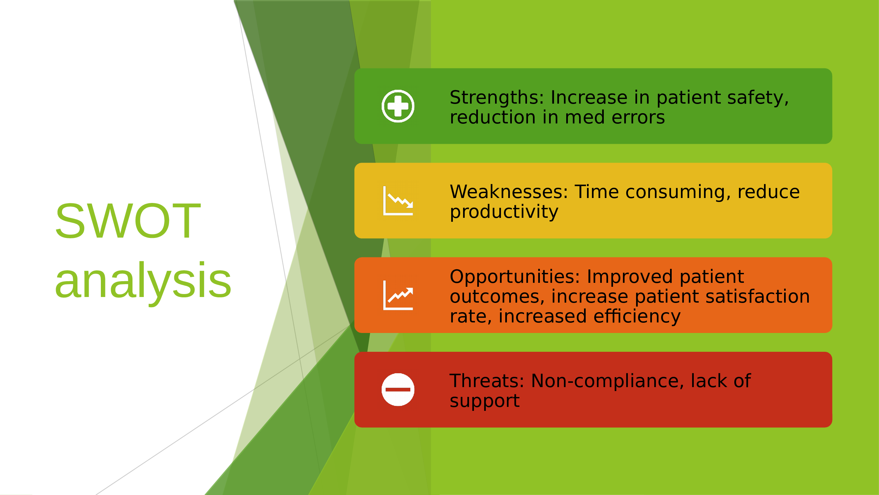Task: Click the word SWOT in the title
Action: [x=128, y=221]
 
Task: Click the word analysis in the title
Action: [x=143, y=281]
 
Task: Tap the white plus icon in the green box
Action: [x=398, y=106]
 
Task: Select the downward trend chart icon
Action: [x=398, y=201]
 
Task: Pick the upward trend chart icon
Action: [x=398, y=295]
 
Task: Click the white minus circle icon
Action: [x=398, y=389]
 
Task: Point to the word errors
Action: [x=638, y=117]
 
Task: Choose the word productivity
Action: [x=504, y=212]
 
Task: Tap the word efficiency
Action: [x=637, y=316]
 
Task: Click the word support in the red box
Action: [x=484, y=401]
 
